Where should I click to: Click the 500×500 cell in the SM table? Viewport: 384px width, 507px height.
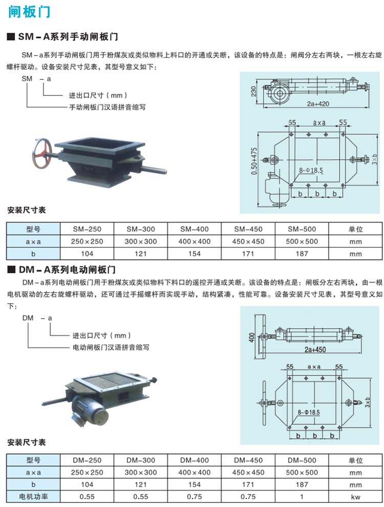pyautogui.click(x=302, y=241)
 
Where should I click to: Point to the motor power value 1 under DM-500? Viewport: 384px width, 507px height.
pyautogui.click(x=302, y=496)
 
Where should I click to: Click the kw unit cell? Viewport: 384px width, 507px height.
pyautogui.click(x=356, y=496)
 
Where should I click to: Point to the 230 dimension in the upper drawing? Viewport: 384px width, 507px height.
pyautogui.click(x=253, y=90)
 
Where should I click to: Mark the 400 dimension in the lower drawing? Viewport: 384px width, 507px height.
pyautogui.click(x=251, y=336)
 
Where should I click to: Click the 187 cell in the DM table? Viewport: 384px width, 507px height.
pyautogui.click(x=302, y=484)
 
